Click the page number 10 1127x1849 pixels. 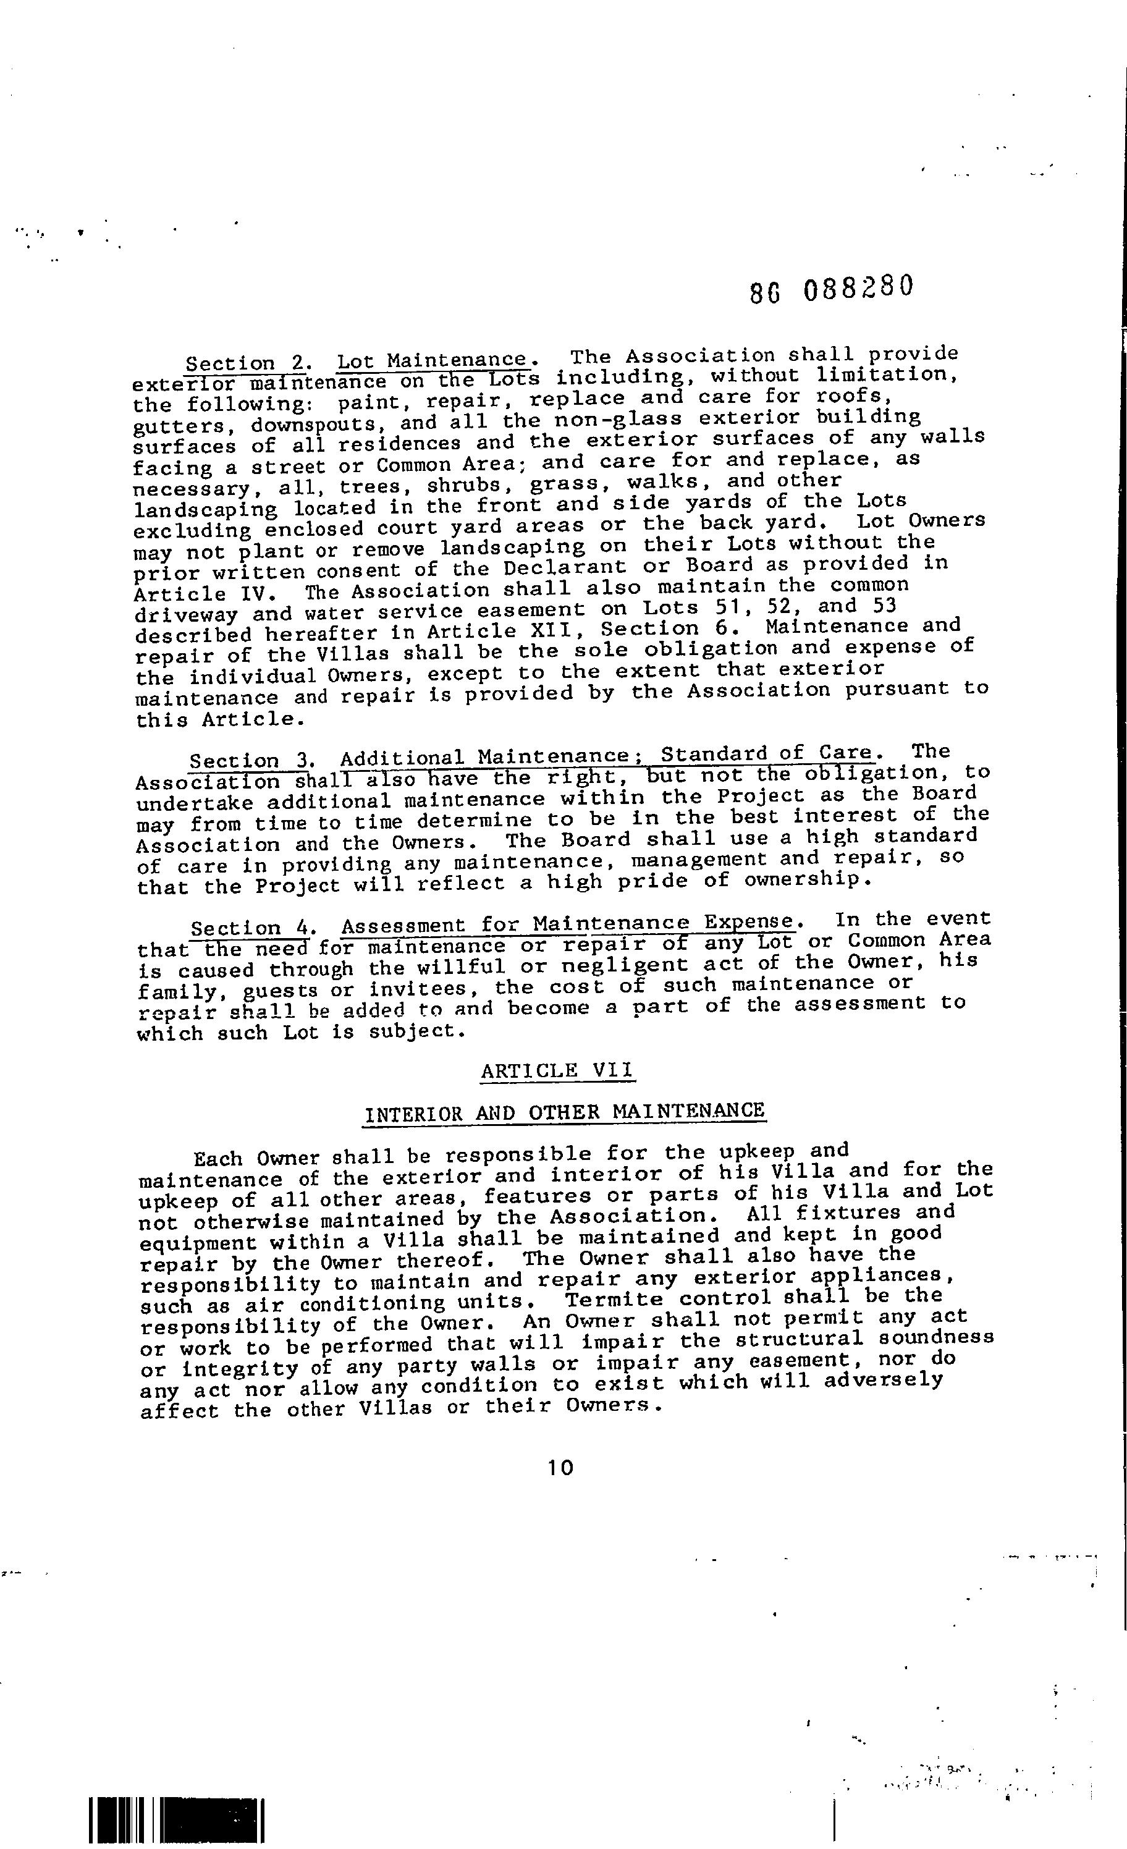[560, 1468]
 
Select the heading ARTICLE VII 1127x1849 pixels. [557, 1070]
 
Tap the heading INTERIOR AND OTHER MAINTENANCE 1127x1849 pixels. [564, 1112]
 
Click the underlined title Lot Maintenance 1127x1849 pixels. [432, 361]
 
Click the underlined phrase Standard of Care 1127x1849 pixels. [766, 753]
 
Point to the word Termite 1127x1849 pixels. [614, 1299]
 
